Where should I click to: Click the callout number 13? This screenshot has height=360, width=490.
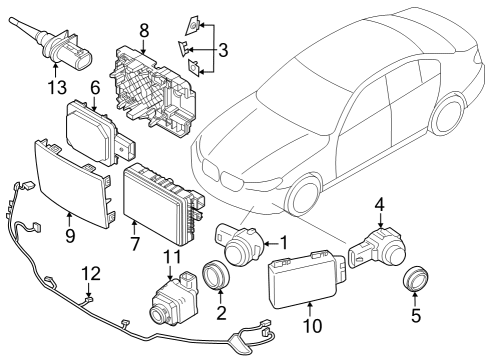55,86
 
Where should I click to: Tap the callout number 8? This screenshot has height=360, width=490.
144,31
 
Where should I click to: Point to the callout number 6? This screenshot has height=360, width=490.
96,87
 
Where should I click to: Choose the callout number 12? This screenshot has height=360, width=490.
90,272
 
